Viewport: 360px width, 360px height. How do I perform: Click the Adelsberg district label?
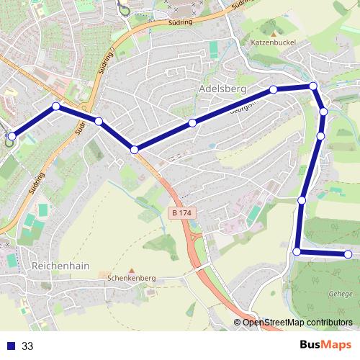(x=221, y=89)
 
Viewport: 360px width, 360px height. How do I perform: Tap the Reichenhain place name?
(x=60, y=265)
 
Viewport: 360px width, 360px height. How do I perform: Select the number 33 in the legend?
(x=27, y=346)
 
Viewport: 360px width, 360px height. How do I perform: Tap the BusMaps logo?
(x=325, y=345)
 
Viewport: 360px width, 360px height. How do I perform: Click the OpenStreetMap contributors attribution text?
(x=297, y=322)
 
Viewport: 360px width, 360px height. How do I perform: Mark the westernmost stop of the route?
(x=12, y=135)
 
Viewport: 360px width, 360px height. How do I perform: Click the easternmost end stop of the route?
(x=348, y=253)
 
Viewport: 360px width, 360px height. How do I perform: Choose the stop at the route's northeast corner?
(x=313, y=86)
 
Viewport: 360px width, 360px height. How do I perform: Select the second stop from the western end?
(x=55, y=107)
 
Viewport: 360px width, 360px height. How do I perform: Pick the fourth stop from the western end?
(x=134, y=149)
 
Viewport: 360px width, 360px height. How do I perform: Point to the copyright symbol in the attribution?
(x=238, y=322)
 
